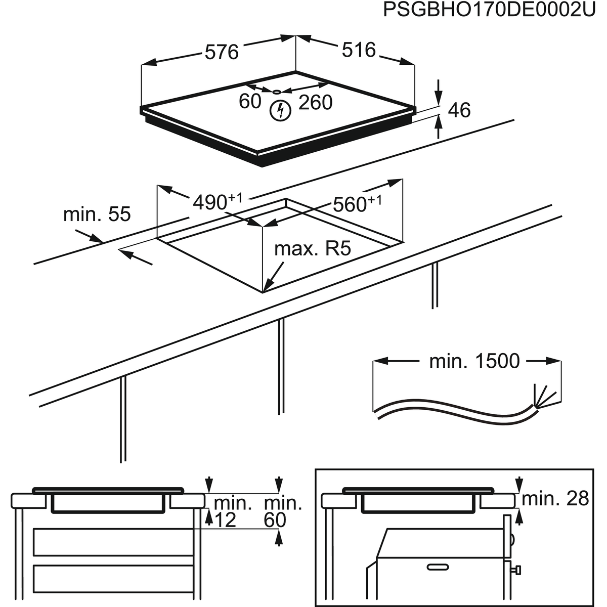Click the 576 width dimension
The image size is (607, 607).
[221, 52]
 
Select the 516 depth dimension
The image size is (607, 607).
[359, 50]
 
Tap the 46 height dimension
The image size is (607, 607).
[459, 110]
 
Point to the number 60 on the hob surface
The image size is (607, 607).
[250, 101]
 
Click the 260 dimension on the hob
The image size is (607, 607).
[315, 102]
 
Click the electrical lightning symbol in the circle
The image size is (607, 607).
[279, 110]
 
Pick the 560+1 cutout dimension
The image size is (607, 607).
[357, 204]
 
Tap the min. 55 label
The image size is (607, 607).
[97, 214]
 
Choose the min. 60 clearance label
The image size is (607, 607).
[282, 511]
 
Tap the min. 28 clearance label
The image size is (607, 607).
[555, 499]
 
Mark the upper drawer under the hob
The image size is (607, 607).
[113, 542]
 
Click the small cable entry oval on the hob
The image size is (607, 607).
[276, 92]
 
